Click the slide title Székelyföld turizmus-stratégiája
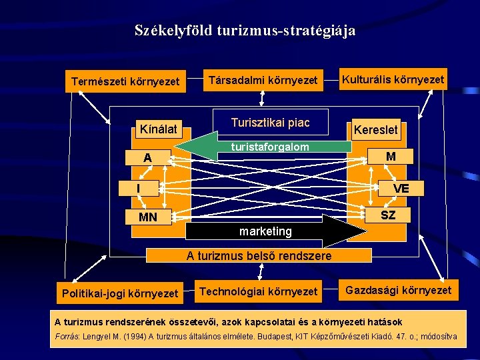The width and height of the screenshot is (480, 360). point(245,31)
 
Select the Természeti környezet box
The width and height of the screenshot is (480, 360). point(125,82)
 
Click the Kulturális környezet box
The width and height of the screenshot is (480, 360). point(393,80)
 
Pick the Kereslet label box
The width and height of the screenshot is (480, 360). point(375,129)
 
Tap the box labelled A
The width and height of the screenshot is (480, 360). point(147,159)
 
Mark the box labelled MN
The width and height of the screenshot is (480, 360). point(147,217)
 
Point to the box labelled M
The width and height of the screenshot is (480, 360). point(391,157)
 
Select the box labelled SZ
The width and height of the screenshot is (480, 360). point(388,215)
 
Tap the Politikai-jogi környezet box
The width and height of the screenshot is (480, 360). point(120,293)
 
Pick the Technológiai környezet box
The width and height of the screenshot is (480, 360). point(259,291)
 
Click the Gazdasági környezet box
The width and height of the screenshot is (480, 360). point(397,290)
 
